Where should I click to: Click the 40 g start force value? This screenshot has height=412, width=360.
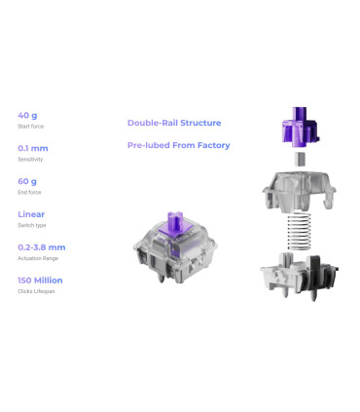tap(27, 115)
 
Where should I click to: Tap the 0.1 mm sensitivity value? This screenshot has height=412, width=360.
tap(33, 148)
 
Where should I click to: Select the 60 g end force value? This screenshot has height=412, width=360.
tap(27, 181)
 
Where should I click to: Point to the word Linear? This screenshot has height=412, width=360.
tap(31, 214)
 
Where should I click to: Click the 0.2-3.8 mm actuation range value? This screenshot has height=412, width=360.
tap(42, 247)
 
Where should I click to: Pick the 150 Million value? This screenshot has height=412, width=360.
tap(40, 281)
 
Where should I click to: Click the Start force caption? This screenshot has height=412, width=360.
tap(30, 127)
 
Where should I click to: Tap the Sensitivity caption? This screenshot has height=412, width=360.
tap(30, 160)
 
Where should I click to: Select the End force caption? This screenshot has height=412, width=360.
tap(29, 192)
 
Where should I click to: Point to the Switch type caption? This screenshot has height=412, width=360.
tap(32, 225)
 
